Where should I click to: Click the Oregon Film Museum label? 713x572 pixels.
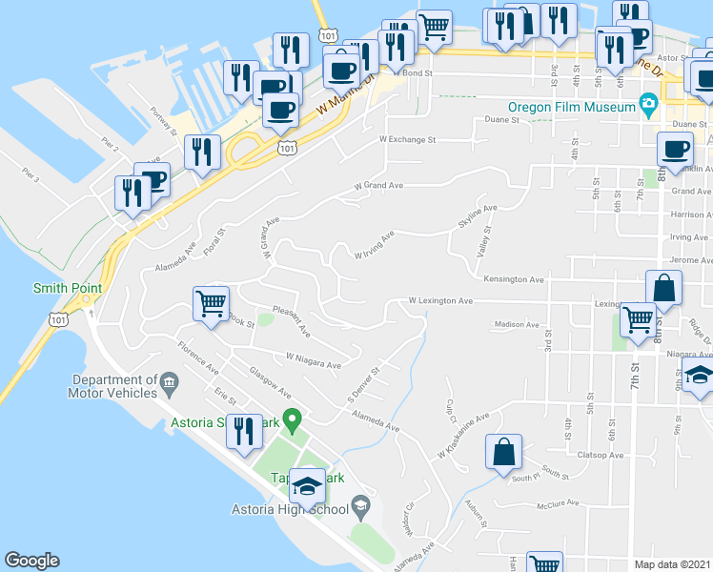coord(572,107)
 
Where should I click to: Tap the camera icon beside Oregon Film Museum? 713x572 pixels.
coord(648,103)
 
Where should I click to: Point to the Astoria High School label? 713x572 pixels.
coord(290,509)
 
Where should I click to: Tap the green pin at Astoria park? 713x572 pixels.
coord(295,418)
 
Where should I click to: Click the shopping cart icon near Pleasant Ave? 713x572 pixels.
coord(211,305)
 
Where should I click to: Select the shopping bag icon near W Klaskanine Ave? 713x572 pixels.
coord(503,453)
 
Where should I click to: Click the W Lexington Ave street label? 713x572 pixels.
coord(440,300)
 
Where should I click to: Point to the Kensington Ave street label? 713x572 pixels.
coord(513,280)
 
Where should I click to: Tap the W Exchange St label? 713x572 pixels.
coord(407,139)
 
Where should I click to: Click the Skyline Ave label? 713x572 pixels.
coord(478,215)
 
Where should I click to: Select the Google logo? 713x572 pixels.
coord(31,561)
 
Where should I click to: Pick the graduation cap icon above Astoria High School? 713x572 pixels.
coord(307,486)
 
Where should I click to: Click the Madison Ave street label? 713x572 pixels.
coord(517,324)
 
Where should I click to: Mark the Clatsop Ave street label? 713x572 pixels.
coord(602,455)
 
